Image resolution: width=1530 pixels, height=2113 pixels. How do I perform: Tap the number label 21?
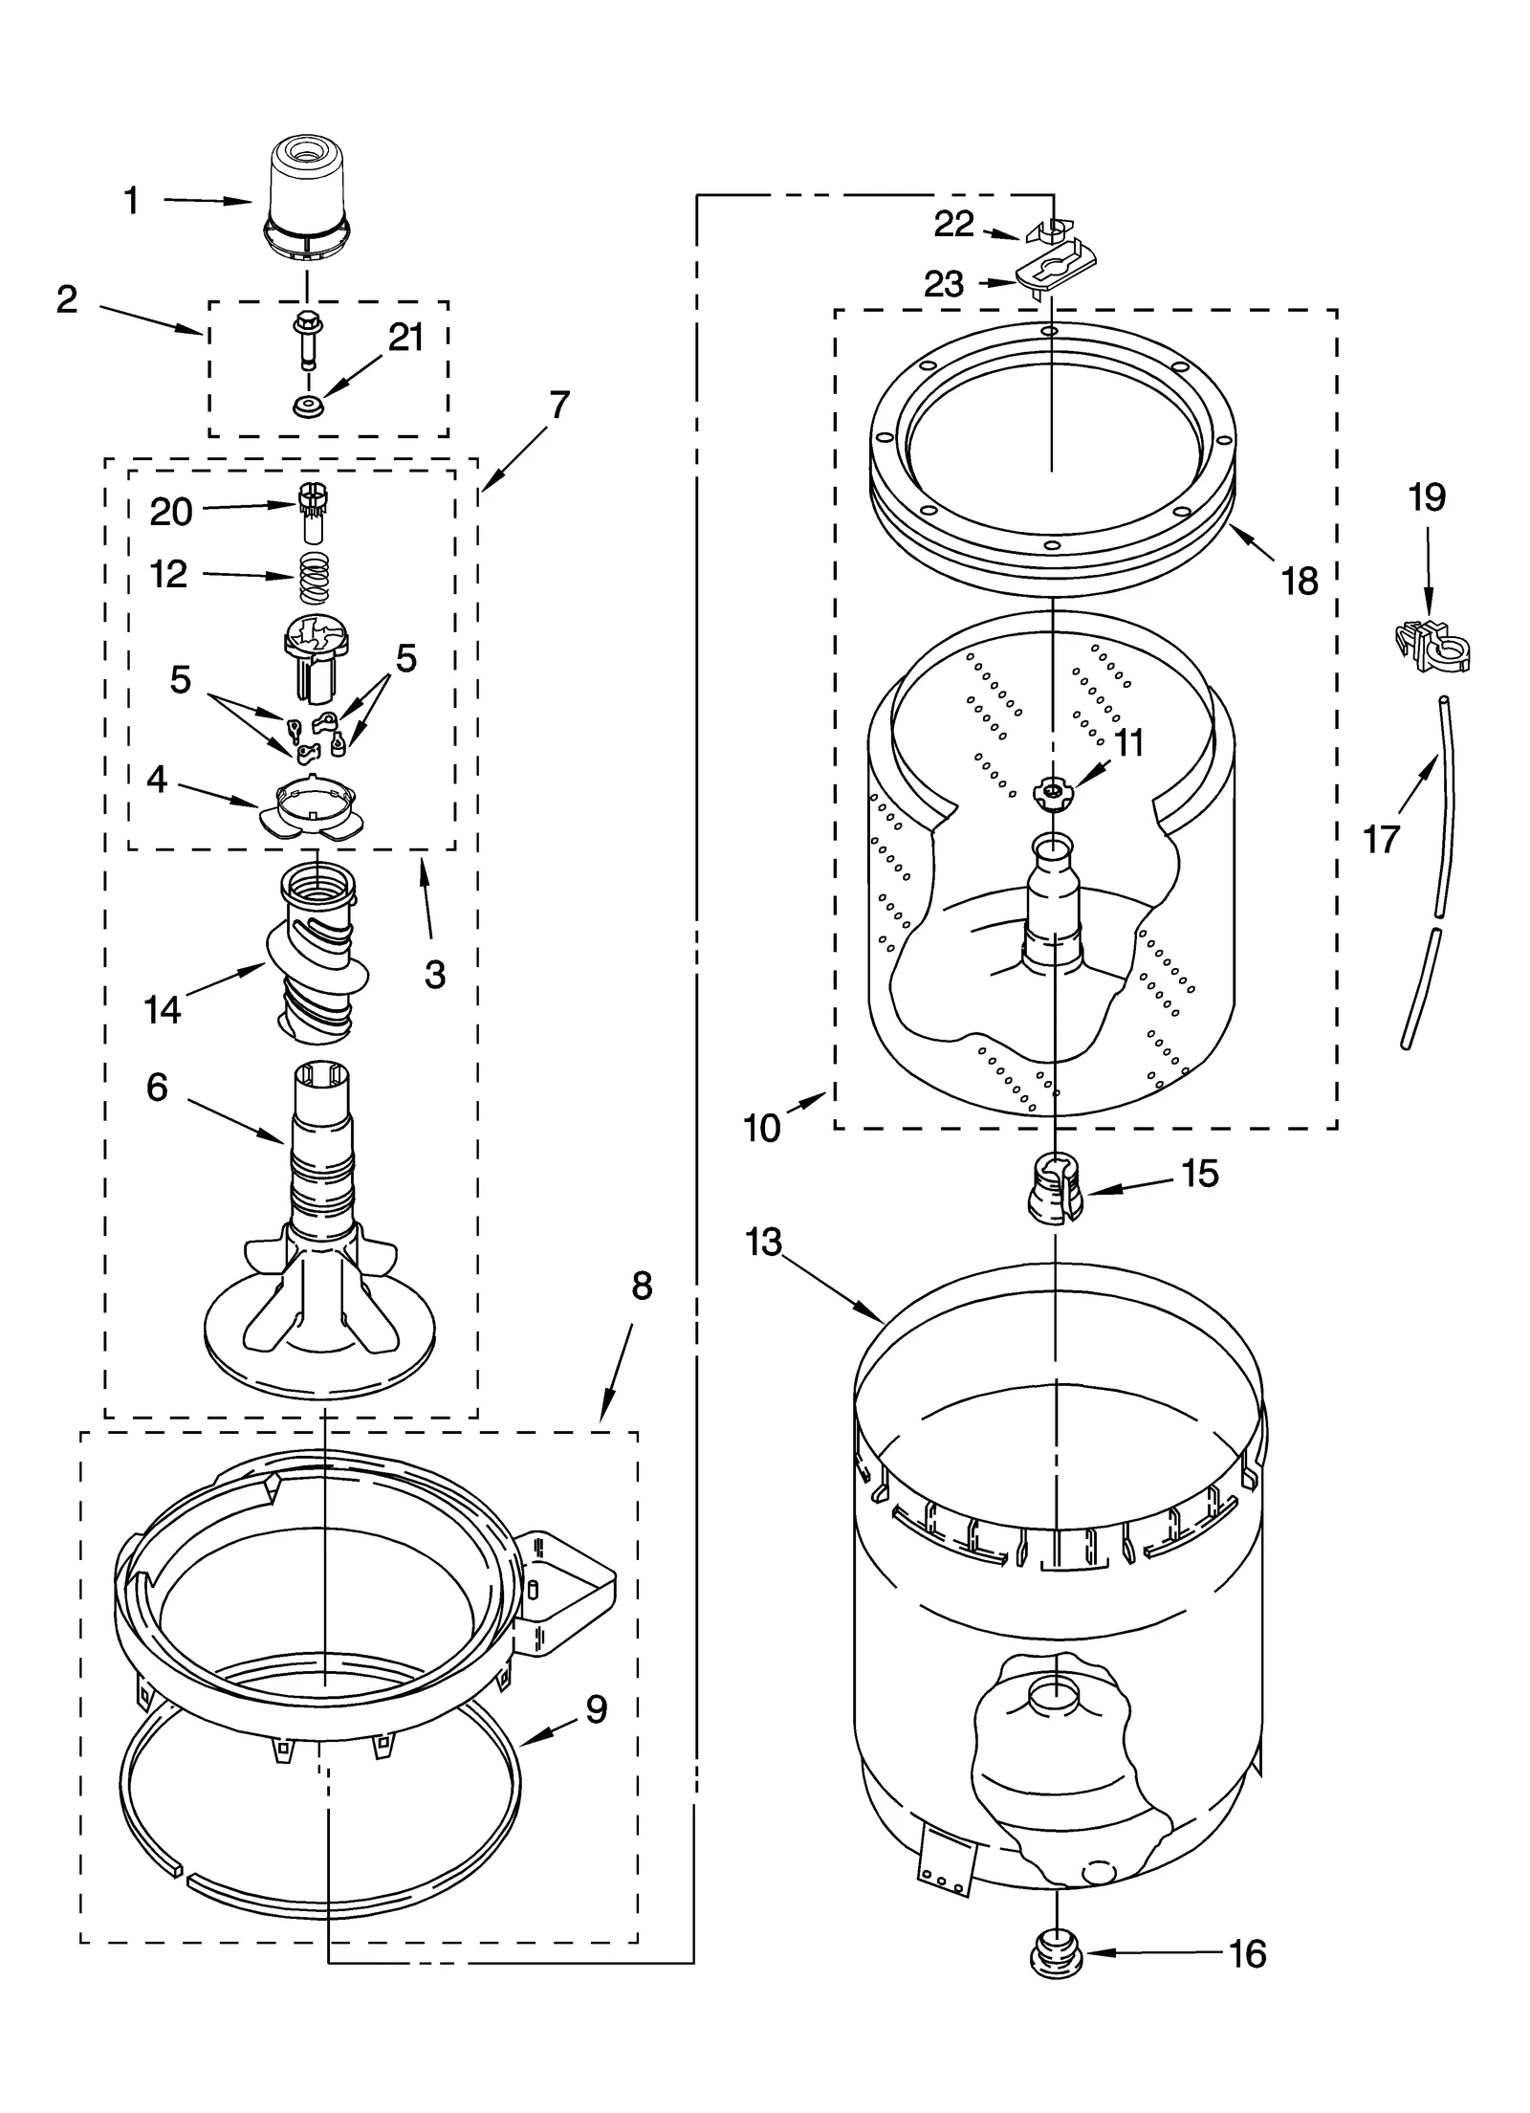405,338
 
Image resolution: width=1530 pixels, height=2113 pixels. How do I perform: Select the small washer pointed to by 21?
308,407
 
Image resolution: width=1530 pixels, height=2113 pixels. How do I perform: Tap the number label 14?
162,1009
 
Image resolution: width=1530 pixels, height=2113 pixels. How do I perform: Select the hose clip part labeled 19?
1432,648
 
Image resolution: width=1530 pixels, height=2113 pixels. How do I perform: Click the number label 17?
1381,840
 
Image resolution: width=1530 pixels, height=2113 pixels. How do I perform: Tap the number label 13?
765,1243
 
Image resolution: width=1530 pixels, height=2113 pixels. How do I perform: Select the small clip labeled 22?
1049,231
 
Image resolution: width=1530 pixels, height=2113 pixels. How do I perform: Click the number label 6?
158,1088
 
